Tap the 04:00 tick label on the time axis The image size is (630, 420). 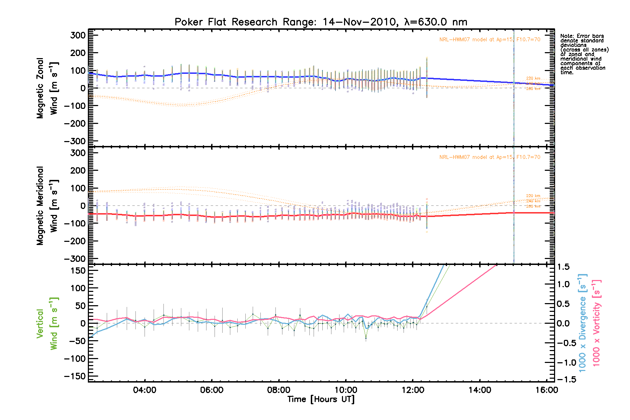(145, 390)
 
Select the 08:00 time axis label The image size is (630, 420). (279, 390)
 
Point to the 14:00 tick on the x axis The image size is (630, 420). (480, 390)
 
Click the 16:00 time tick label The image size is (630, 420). (547, 390)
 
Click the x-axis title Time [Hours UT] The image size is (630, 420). (321, 399)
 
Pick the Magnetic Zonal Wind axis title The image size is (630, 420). (47, 88)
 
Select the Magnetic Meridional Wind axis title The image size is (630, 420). (47, 206)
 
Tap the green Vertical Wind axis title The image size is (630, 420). (47, 323)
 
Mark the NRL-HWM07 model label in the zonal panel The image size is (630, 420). (490, 40)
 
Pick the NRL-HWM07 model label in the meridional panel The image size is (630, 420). (490, 157)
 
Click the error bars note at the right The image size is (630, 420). (584, 54)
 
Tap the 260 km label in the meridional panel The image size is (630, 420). (533, 206)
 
